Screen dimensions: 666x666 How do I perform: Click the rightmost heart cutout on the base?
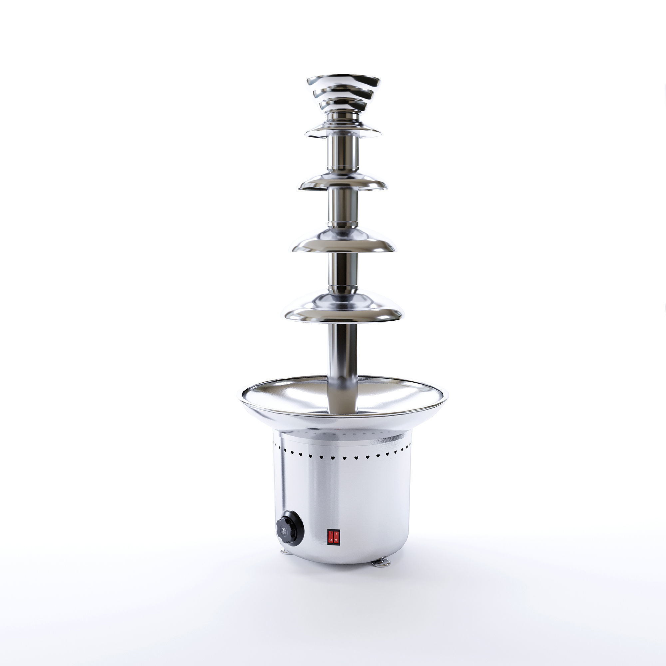point(410,448)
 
